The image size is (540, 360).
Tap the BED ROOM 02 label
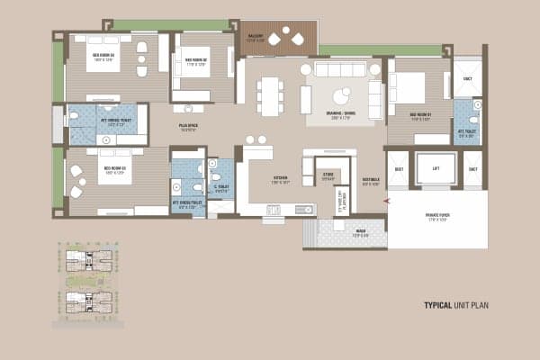tap(196, 62)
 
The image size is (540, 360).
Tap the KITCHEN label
tap(281, 180)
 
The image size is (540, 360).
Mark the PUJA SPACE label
tap(188, 127)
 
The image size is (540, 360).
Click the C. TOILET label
tap(222, 188)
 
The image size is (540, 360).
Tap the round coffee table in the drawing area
tap(342, 96)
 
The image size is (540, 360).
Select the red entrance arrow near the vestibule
tap(385, 201)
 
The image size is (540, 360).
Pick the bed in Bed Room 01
tap(409, 88)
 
